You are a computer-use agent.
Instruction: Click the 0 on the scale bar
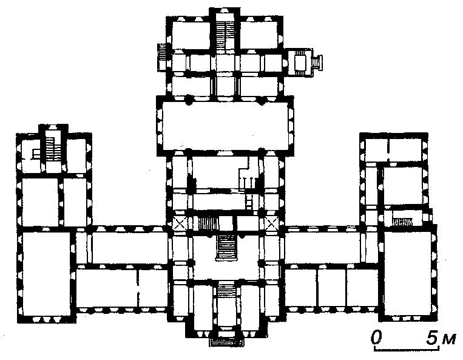click(376, 338)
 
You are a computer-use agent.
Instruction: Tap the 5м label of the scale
click(441, 338)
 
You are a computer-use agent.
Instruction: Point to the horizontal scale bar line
click(407, 349)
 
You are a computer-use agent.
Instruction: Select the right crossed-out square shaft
click(271, 223)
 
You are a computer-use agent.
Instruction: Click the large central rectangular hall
click(225, 126)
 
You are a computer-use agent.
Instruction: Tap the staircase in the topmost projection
click(224, 35)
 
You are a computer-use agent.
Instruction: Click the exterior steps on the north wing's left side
click(163, 52)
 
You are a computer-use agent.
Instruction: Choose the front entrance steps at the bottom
click(226, 342)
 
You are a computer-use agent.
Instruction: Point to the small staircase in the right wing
click(402, 222)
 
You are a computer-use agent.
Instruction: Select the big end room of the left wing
click(47, 273)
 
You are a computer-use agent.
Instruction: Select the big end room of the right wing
click(408, 273)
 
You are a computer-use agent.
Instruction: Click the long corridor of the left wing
click(130, 248)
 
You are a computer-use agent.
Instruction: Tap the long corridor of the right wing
click(322, 247)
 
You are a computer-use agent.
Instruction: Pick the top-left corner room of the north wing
click(191, 35)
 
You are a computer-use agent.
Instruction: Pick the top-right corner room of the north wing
click(259, 35)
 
